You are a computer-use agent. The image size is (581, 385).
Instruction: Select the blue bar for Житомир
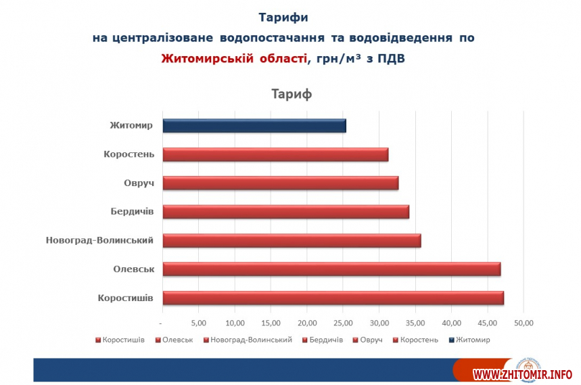254,126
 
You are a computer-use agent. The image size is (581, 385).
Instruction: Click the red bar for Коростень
275,154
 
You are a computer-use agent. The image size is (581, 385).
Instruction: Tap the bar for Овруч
281,183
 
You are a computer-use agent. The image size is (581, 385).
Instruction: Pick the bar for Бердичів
285,212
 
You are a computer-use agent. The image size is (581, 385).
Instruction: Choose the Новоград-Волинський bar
292,240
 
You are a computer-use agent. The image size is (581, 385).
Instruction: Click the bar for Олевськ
331,269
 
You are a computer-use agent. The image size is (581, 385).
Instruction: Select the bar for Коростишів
333,298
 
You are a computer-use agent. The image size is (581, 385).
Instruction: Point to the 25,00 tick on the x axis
344,322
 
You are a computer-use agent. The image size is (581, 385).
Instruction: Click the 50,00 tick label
524,322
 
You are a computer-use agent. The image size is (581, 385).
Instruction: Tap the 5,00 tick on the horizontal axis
199,322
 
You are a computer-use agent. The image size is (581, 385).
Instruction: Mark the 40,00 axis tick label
452,322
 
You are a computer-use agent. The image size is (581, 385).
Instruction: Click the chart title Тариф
292,94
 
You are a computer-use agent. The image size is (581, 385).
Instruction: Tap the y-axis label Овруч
139,183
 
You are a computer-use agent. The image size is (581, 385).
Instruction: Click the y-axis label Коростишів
126,298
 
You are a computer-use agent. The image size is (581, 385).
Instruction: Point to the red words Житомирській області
233,58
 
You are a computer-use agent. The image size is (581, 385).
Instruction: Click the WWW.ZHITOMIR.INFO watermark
522,374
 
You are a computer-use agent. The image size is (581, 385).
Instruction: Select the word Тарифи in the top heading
283,16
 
